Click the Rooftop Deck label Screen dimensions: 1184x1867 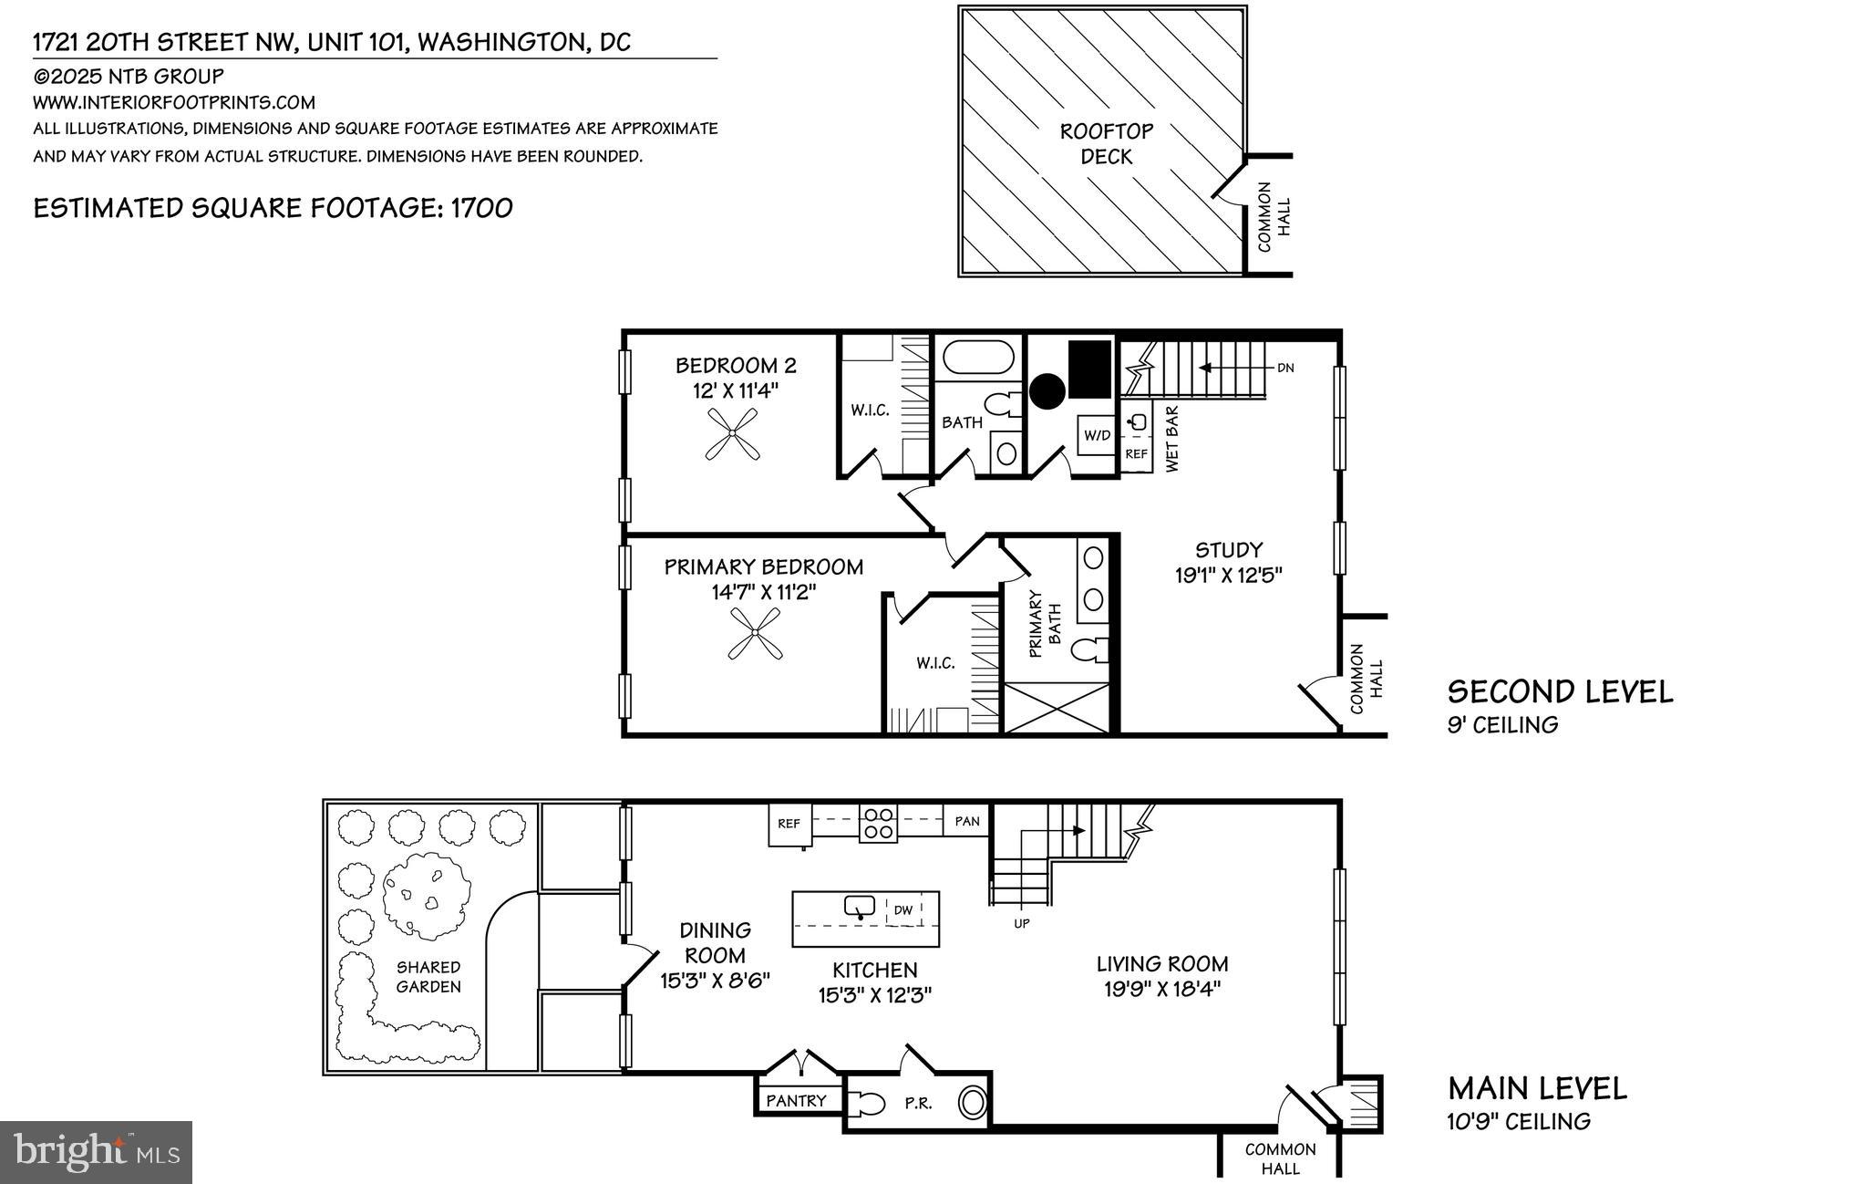coord(1107,144)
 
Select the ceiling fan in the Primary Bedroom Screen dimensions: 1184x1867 coord(755,634)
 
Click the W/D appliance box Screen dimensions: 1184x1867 coord(1097,435)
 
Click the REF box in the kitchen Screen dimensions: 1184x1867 coord(789,823)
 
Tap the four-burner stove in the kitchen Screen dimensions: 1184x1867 coord(879,823)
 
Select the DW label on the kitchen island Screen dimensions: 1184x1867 coord(903,909)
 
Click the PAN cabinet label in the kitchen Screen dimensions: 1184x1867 coord(967,821)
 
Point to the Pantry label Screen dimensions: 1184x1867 coord(796,1101)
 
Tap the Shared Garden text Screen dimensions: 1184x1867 coord(428,976)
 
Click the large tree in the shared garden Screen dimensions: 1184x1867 coord(427,897)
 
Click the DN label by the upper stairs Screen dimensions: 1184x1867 coord(1284,369)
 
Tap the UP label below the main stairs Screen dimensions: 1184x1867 coord(1021,923)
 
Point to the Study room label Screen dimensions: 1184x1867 coord(1228,550)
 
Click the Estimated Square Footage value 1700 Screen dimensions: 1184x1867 coord(482,208)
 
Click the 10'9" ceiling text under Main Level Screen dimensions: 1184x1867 coord(1519,1122)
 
